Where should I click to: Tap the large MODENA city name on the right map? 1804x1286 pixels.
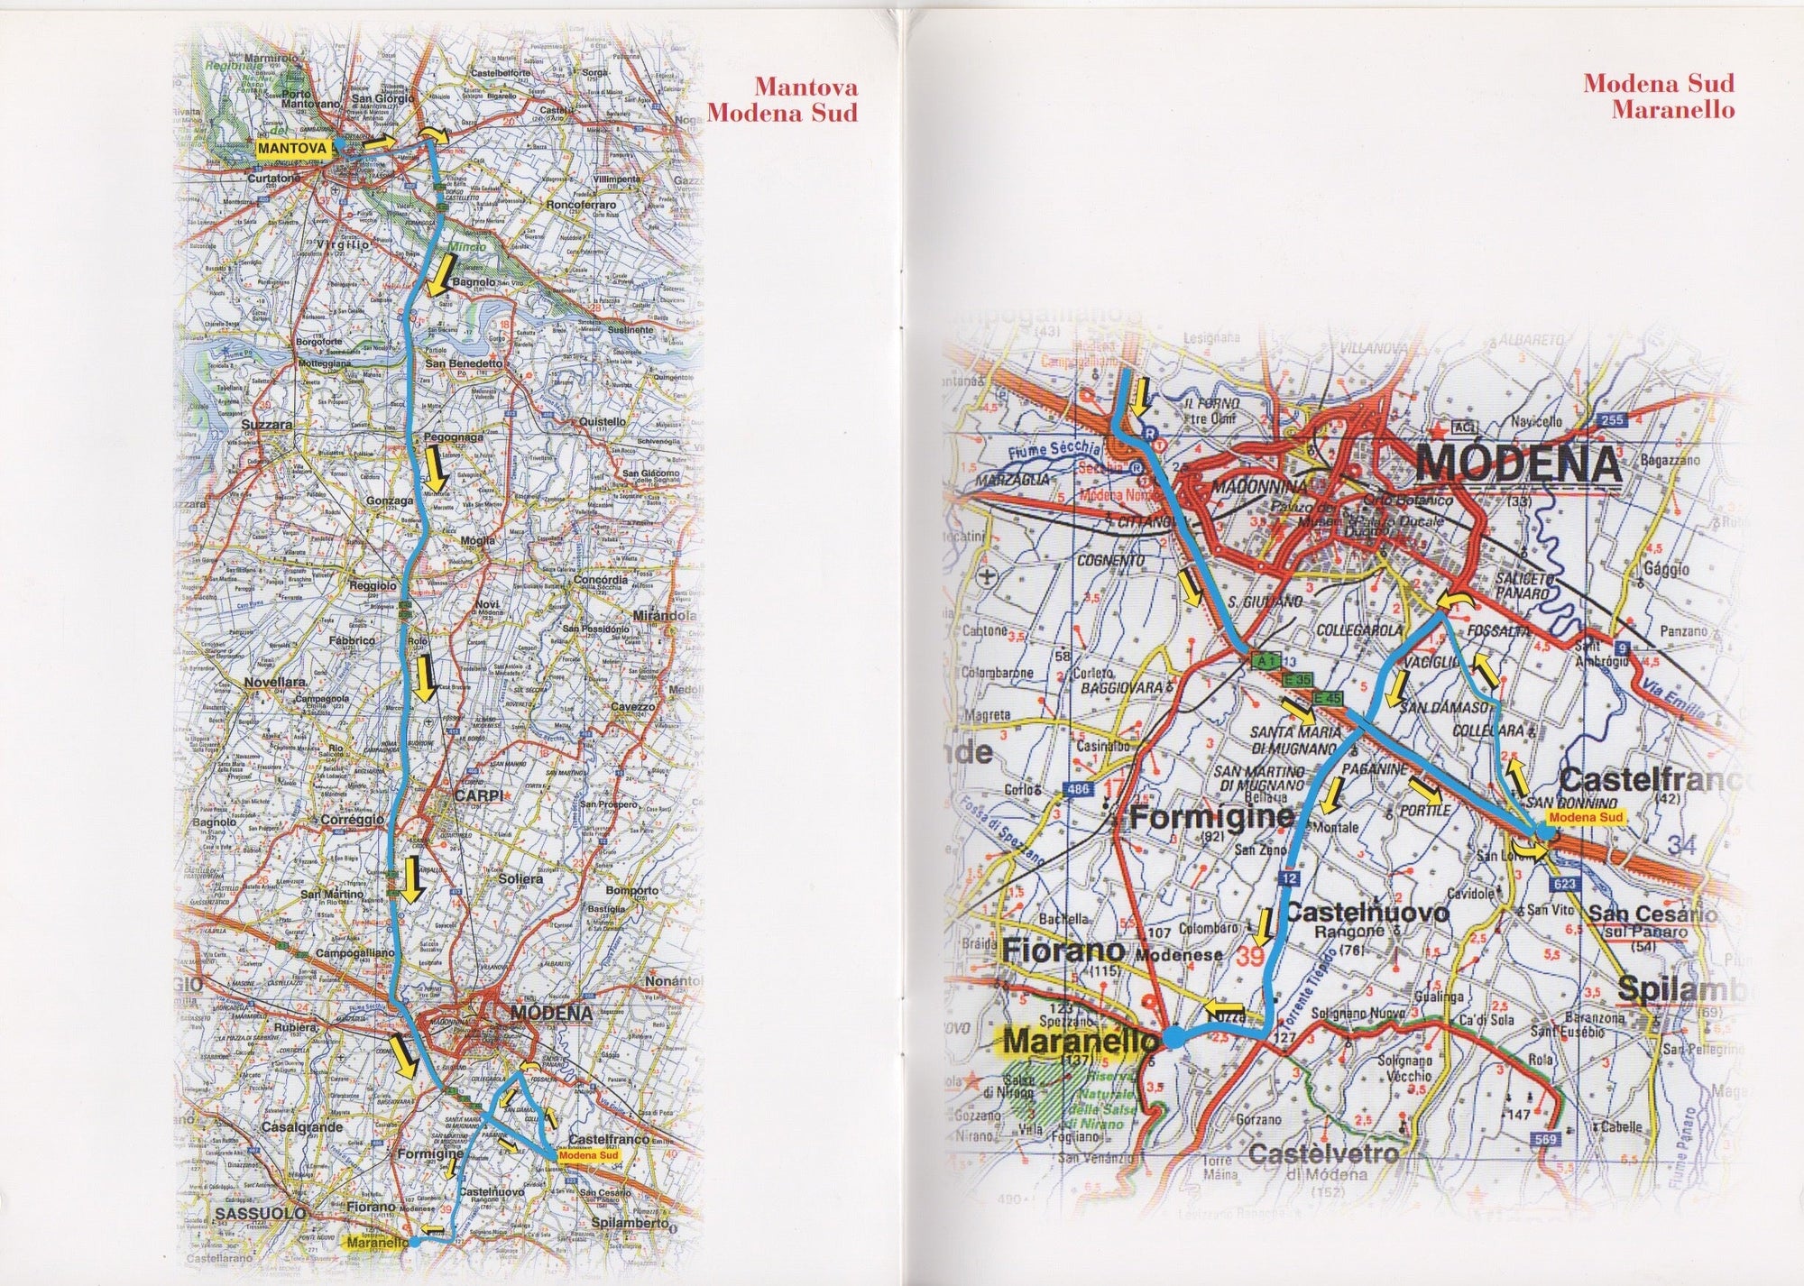(x=1519, y=466)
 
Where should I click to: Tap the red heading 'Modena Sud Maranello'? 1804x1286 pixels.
(x=1658, y=96)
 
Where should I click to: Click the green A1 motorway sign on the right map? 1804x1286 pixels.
(x=1265, y=661)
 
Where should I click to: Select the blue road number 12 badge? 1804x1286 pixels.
(x=1290, y=877)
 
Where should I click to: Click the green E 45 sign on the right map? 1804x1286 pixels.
(x=1327, y=697)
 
